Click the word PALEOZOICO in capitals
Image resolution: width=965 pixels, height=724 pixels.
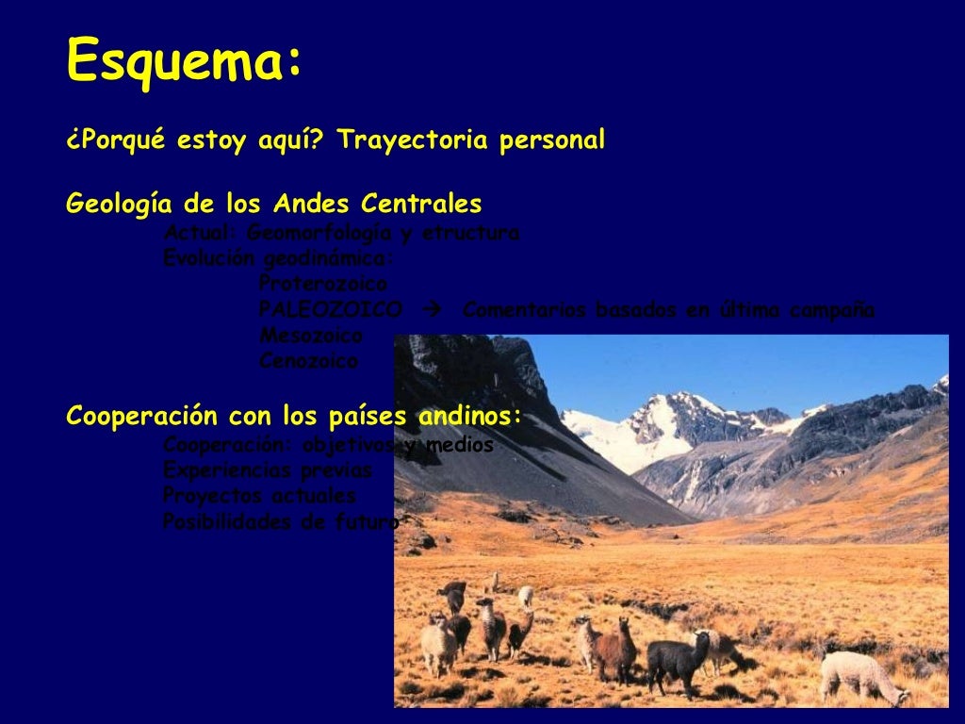point(330,310)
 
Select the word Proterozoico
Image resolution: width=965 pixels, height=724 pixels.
point(322,284)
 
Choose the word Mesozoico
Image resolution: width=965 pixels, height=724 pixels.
point(310,335)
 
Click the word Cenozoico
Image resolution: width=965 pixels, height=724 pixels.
point(308,361)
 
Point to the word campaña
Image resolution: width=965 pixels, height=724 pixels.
point(831,310)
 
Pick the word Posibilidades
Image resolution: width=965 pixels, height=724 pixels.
point(227,521)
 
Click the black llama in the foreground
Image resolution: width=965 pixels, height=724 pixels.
point(677,660)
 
